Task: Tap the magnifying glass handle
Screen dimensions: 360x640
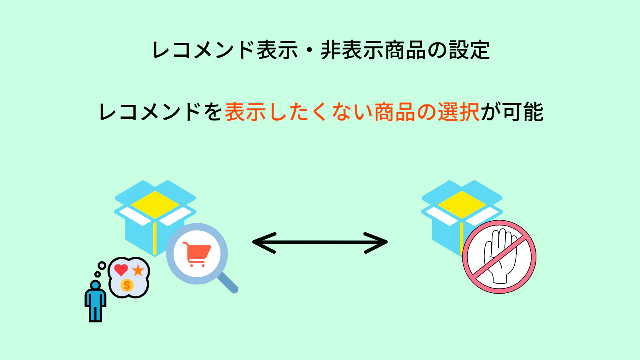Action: (228, 283)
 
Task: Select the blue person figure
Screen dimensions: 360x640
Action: (95, 302)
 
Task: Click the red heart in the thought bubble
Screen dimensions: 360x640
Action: (121, 270)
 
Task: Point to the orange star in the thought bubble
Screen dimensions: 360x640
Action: (138, 270)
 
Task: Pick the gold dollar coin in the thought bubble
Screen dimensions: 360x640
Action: (127, 285)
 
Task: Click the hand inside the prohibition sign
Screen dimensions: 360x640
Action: (500, 256)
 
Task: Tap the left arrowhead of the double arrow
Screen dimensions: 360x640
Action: (262, 242)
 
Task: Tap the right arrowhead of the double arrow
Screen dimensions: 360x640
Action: (378, 242)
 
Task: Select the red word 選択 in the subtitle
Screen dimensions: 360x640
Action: (458, 112)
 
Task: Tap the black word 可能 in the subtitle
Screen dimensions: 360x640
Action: (523, 112)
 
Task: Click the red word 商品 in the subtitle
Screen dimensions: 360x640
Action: (395, 112)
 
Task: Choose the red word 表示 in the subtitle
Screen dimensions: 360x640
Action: (245, 112)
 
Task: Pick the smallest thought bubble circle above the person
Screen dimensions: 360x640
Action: (97, 274)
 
